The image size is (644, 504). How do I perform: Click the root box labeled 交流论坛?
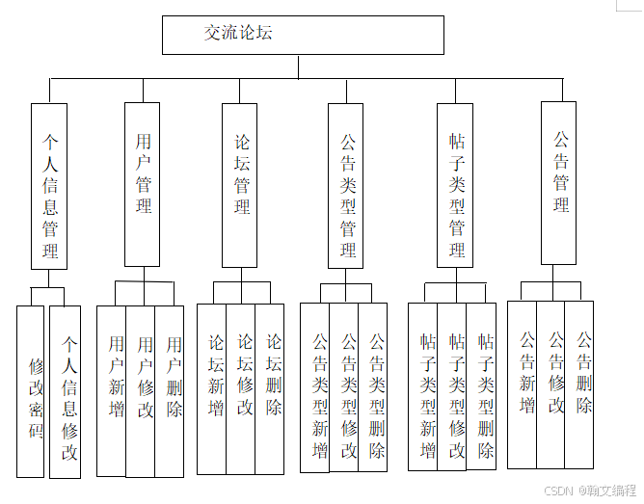(303, 35)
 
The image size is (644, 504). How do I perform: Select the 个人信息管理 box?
(49, 185)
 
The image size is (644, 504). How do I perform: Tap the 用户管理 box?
(143, 183)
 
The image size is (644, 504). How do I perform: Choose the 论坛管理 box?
(240, 184)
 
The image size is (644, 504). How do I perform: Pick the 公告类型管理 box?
(347, 185)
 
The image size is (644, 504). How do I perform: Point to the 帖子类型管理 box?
(456, 185)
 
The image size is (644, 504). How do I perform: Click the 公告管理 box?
(562, 183)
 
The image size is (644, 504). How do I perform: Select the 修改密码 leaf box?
(32, 391)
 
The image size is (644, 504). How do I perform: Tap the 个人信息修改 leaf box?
(66, 391)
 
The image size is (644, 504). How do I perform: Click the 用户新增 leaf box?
(112, 390)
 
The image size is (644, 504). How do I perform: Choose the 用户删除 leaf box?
(170, 390)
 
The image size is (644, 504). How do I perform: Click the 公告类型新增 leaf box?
(315, 387)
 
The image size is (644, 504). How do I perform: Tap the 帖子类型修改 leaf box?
(452, 387)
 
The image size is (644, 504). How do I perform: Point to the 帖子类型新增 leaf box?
(423, 387)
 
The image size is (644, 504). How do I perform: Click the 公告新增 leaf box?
(523, 385)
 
